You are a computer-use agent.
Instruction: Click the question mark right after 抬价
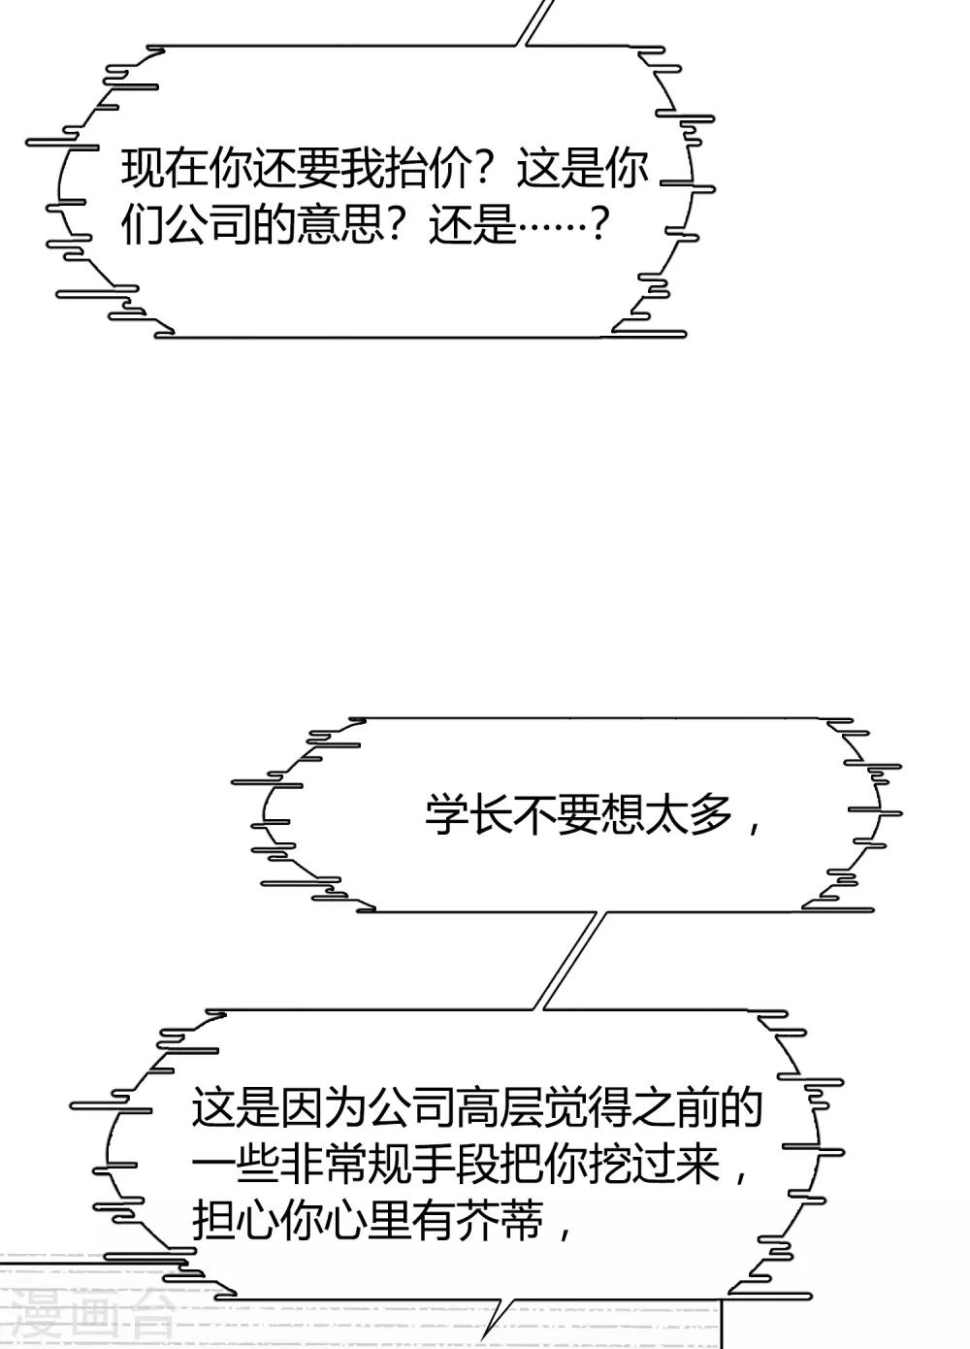[491, 169]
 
